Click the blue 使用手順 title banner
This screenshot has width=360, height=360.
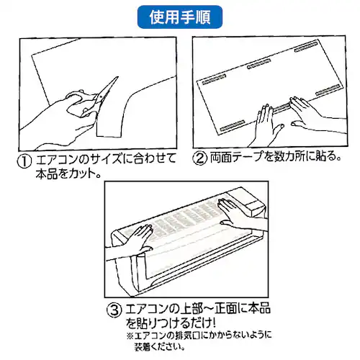[180, 17]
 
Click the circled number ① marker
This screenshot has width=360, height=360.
[24, 161]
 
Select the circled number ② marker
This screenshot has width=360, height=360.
[200, 158]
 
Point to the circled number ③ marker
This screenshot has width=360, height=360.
[114, 310]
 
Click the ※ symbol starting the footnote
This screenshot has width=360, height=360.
[130, 336]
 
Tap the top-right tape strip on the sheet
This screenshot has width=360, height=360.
[306, 47]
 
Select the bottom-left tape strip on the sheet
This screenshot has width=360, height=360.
[233, 125]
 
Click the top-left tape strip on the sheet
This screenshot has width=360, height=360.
[214, 79]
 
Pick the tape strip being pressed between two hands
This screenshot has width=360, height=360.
[282, 108]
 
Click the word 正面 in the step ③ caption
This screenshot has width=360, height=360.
[226, 308]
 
